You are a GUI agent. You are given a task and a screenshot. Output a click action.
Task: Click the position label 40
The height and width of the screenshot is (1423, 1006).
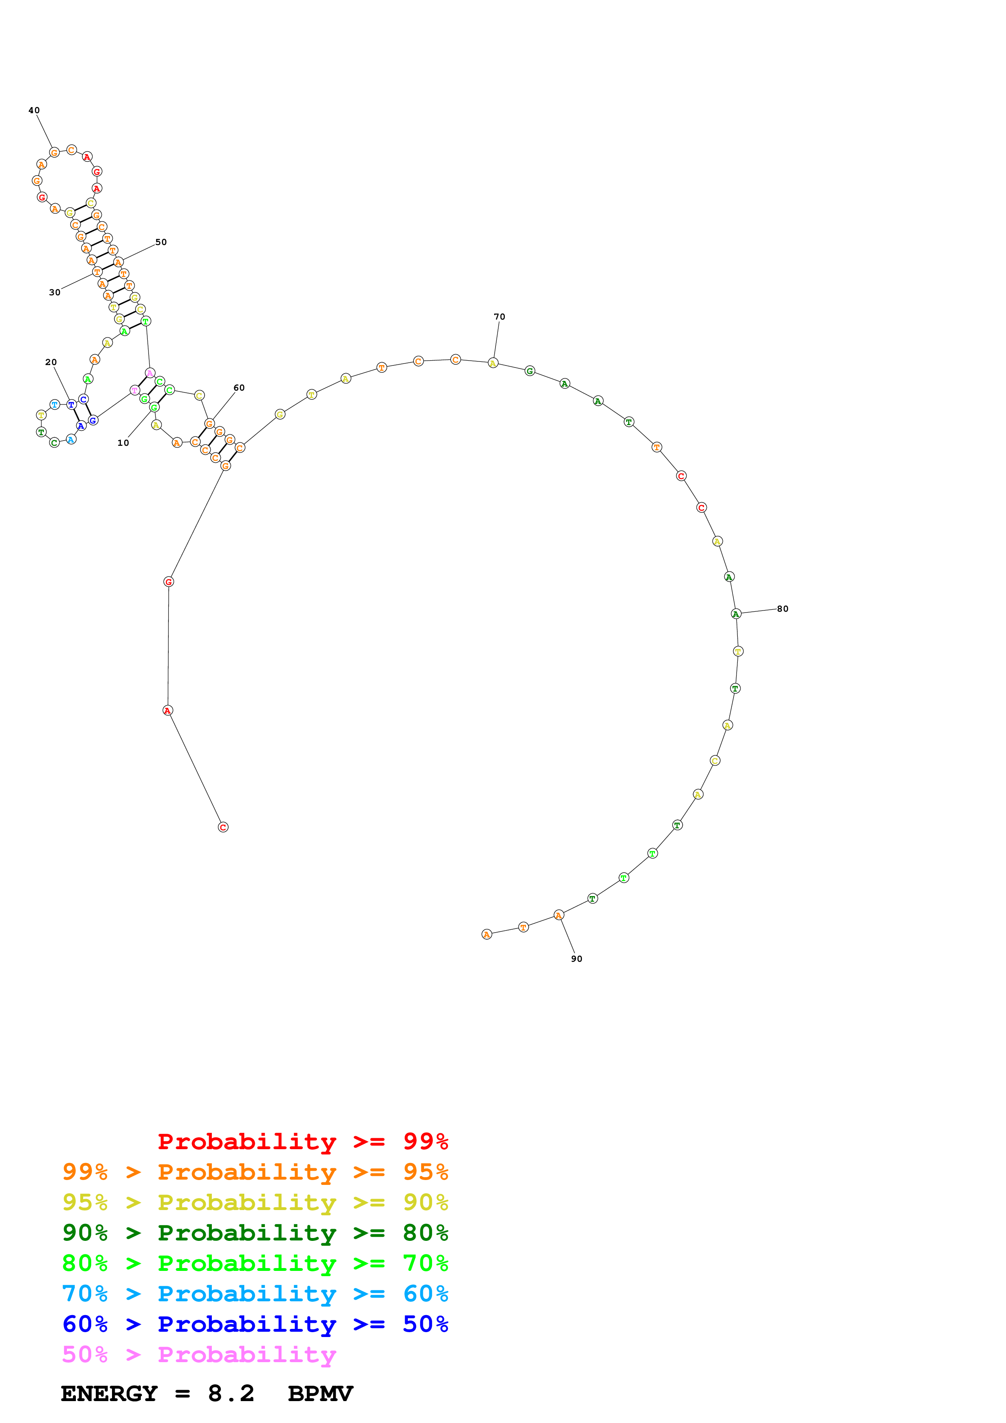point(34,110)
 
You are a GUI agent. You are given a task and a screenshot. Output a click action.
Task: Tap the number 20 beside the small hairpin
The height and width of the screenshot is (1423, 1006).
point(51,362)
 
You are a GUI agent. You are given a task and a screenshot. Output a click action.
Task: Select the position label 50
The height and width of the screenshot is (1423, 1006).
point(161,242)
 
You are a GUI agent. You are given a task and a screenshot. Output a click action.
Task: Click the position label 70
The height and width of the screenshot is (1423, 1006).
point(500,317)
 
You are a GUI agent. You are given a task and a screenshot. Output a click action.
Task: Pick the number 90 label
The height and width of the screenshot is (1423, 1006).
point(576,959)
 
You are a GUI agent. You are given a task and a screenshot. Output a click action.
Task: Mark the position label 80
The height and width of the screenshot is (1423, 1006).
point(783,608)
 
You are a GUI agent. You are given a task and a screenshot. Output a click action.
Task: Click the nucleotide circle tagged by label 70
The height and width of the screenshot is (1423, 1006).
point(493,363)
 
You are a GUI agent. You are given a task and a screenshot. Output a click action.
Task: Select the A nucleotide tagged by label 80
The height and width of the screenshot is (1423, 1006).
point(736,614)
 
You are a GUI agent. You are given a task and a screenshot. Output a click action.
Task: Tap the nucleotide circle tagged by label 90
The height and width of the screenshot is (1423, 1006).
point(558,915)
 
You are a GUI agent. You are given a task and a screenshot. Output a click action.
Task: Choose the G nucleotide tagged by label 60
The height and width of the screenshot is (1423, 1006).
point(209,424)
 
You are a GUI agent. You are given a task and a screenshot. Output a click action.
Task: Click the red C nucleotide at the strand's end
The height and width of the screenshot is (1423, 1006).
point(223,827)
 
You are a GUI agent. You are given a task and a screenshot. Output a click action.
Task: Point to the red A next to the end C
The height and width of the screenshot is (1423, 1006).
point(167,710)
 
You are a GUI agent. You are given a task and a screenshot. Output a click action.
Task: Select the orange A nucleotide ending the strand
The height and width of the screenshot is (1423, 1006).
point(487,934)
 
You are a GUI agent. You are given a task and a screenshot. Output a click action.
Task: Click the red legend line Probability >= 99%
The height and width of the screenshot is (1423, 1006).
point(302,1141)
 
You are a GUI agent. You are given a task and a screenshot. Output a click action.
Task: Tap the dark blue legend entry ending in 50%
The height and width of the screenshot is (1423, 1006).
point(255,1324)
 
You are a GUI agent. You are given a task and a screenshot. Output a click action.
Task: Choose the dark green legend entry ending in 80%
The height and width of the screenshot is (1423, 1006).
point(255,1233)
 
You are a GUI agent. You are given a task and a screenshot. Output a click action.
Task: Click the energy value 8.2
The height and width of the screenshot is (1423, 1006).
point(230,1394)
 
